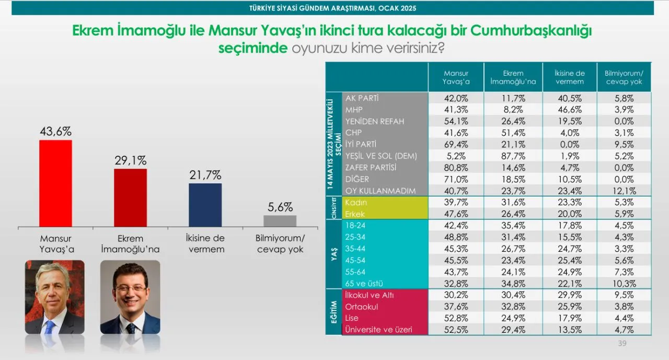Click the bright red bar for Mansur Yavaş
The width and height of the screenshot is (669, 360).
[55, 183]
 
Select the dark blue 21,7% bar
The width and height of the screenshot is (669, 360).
[205, 205]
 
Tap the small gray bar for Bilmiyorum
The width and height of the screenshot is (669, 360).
[280, 221]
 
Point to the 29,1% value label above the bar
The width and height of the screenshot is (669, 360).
[131, 160]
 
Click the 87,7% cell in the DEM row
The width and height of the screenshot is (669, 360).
[513, 156]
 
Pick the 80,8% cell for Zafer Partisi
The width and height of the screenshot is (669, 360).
[456, 168]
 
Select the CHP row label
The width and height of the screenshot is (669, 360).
[354, 133]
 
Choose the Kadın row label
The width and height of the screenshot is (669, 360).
[356, 202]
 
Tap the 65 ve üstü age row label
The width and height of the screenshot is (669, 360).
[364, 283]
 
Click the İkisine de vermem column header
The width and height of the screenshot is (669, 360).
[570, 77]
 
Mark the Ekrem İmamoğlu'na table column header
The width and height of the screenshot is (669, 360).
[513, 77]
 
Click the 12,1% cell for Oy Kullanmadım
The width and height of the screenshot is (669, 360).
[624, 191]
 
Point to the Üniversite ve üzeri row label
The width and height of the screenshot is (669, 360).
[378, 330]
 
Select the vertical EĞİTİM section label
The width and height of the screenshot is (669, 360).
[334, 312]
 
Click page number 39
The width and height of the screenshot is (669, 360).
[622, 343]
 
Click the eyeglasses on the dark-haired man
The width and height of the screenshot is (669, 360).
[131, 288]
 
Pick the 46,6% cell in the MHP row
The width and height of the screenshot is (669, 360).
[570, 110]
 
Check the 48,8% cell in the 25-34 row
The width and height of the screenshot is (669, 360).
[456, 237]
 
